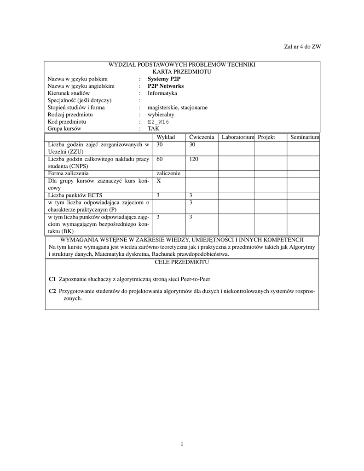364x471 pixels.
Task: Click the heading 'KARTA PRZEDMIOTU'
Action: [182, 72]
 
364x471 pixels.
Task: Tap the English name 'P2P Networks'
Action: [166, 86]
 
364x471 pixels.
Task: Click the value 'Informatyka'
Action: [162, 93]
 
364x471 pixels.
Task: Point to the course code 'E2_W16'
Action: [158, 122]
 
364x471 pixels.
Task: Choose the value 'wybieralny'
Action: [161, 115]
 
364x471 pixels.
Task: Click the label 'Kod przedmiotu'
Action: [67, 122]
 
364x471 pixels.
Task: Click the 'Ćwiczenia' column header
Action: [202, 137]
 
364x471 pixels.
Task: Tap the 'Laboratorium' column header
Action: [237, 137]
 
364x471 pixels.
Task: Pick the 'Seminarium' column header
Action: [305, 137]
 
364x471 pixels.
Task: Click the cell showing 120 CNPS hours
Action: [193, 159]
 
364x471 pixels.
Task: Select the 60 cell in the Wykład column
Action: [160, 159]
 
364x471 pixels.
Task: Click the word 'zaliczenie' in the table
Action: [168, 173]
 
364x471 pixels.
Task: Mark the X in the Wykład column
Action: [159, 181]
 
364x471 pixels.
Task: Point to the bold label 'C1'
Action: [52, 279]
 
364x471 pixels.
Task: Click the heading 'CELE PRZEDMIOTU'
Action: [182, 262]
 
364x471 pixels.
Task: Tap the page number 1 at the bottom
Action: [182, 443]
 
